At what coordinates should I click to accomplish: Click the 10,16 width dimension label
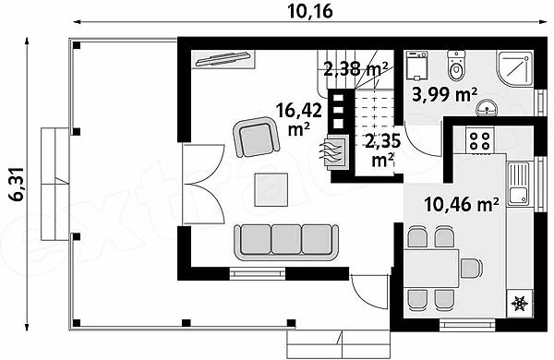(310, 11)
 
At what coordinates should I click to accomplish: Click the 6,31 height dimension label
(17, 184)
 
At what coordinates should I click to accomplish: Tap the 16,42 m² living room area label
(298, 119)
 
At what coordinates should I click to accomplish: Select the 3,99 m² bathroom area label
(445, 94)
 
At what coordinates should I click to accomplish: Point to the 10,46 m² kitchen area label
(462, 204)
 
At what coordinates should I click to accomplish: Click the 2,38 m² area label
(355, 69)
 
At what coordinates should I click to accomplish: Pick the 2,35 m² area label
(383, 150)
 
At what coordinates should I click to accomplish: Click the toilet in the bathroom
(456, 66)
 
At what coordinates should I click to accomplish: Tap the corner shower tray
(515, 69)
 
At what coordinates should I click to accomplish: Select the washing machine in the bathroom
(417, 66)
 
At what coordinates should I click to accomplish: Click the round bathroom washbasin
(487, 107)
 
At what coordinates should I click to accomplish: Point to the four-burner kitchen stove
(480, 140)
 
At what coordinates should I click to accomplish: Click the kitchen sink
(519, 184)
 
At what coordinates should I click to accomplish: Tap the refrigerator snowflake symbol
(520, 303)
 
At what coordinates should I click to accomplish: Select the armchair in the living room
(256, 137)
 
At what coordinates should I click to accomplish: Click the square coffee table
(271, 190)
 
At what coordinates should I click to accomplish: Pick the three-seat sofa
(286, 243)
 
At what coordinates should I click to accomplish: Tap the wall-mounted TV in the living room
(223, 59)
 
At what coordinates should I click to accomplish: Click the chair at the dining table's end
(471, 268)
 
